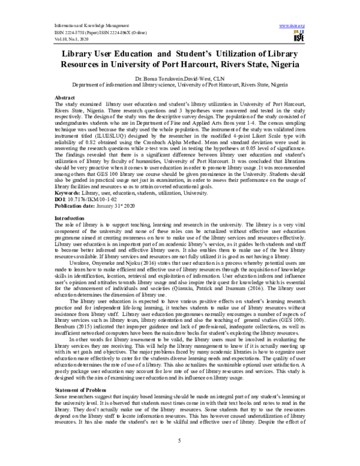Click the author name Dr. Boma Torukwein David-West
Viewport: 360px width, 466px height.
tap(180, 79)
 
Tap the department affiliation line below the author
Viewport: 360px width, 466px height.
tap(180, 85)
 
